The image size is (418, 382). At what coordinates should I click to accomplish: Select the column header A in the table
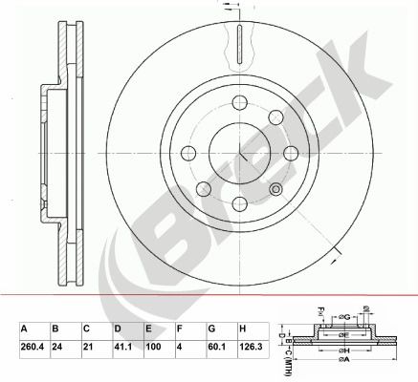[24, 329]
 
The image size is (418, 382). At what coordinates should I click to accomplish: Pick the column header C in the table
[86, 329]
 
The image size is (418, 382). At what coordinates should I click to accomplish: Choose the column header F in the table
[180, 329]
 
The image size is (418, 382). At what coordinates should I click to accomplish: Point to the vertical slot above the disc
[236, 42]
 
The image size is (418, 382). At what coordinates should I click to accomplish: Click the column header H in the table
[244, 329]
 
